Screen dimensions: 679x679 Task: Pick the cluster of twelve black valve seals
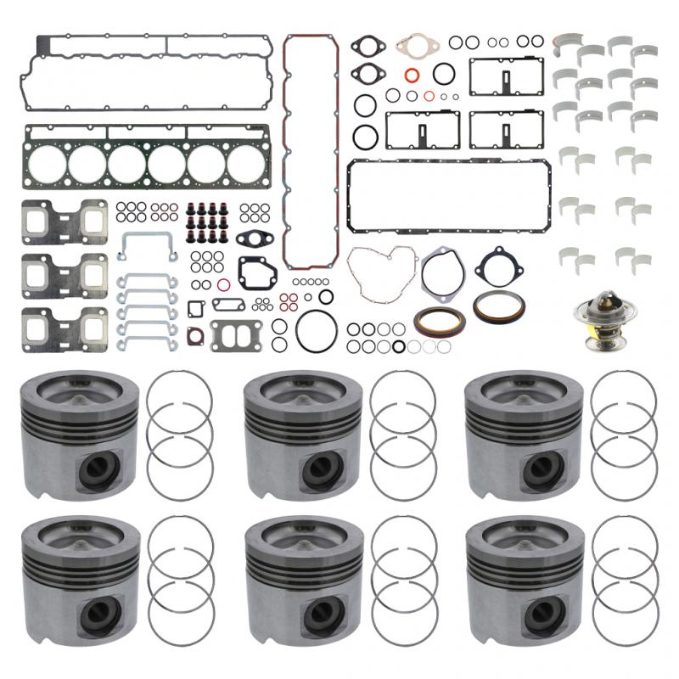click(x=209, y=221)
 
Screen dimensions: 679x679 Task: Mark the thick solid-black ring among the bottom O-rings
click(x=396, y=346)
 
